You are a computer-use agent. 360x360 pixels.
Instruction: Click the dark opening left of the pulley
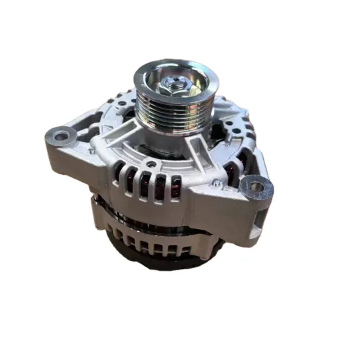click(x=131, y=121)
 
